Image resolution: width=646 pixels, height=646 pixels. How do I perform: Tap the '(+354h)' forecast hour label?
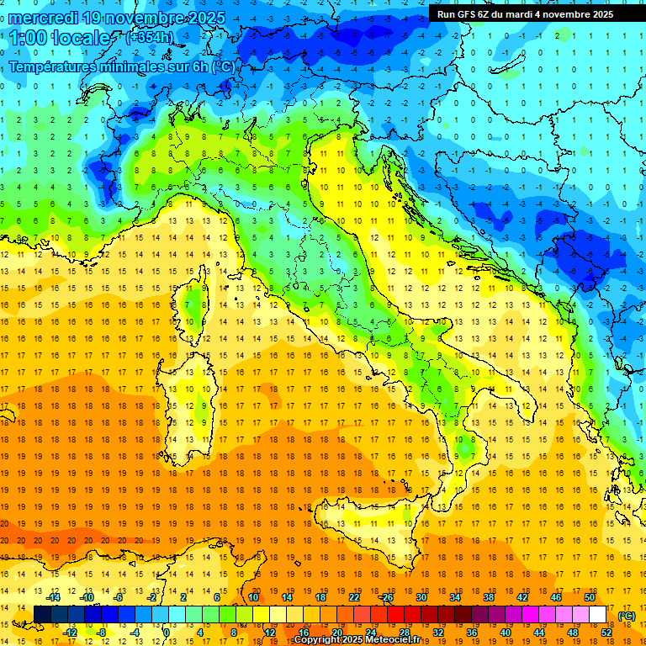[151, 37]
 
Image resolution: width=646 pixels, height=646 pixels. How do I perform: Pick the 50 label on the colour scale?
[589, 597]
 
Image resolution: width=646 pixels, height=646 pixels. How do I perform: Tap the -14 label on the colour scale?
[53, 597]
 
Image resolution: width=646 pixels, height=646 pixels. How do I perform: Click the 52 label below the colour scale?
[606, 633]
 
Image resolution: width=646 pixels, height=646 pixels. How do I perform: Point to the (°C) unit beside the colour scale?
[627, 616]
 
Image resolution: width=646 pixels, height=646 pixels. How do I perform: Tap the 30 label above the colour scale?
[421, 597]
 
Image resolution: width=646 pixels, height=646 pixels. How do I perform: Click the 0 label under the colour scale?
[167, 633]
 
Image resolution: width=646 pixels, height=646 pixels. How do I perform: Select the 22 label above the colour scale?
[354, 597]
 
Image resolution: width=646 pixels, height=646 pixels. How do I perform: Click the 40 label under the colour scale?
[506, 633]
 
